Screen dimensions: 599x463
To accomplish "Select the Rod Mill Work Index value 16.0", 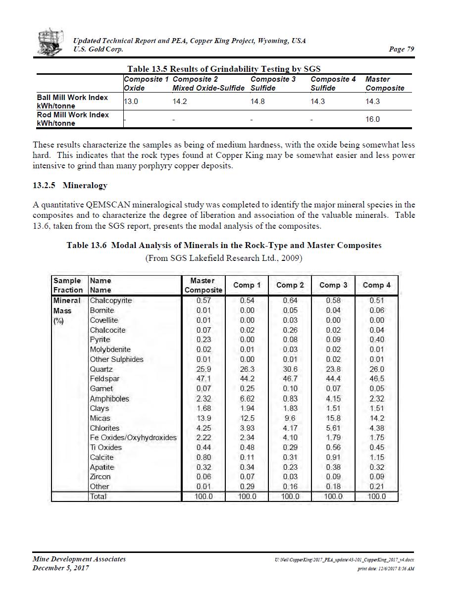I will click(x=372, y=119).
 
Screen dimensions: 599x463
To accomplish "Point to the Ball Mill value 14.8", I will click(x=257, y=101).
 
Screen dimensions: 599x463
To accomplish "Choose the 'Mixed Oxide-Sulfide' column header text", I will click(x=208, y=88).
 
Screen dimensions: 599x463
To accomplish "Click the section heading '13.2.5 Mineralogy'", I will click(x=70, y=186).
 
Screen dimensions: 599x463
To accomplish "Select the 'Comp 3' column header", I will click(x=333, y=285).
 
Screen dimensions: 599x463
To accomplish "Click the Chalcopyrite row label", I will click(x=111, y=300).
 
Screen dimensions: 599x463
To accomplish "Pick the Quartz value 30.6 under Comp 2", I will click(x=290, y=369).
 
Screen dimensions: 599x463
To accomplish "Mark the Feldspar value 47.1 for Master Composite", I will click(x=204, y=379).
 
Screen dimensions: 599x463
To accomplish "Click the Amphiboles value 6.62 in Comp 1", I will click(x=247, y=399).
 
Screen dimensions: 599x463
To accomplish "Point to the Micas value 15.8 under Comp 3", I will click(x=333, y=418).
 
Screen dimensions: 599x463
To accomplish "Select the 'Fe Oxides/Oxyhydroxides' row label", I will click(x=133, y=438).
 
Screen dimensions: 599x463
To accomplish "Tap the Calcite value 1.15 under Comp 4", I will click(x=376, y=457).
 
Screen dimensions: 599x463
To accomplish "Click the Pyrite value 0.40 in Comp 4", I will click(x=376, y=340).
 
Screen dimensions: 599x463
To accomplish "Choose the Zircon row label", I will click(x=100, y=477).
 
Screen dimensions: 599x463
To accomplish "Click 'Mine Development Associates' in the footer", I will click(x=79, y=559).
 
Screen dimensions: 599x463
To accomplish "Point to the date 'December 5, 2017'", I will click(x=61, y=568).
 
